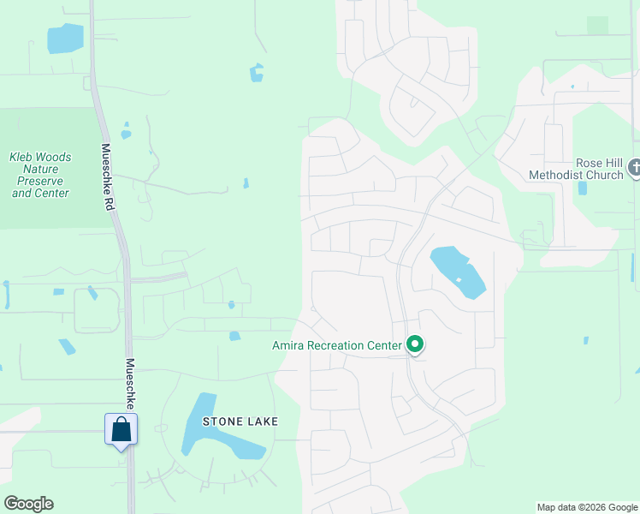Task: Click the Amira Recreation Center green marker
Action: click(x=415, y=344)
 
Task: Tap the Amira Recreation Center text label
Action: click(x=337, y=346)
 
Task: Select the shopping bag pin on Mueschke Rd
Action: click(x=121, y=428)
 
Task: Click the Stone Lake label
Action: click(x=230, y=421)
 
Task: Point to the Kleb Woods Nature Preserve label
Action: click(x=40, y=175)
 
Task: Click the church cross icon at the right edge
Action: click(x=634, y=168)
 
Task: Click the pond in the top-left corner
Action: click(x=65, y=39)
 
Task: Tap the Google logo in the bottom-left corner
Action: click(x=28, y=504)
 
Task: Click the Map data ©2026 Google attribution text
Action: click(x=587, y=507)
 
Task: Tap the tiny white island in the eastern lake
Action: click(x=459, y=279)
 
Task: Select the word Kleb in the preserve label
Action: click(x=23, y=158)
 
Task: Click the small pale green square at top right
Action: click(x=597, y=26)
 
